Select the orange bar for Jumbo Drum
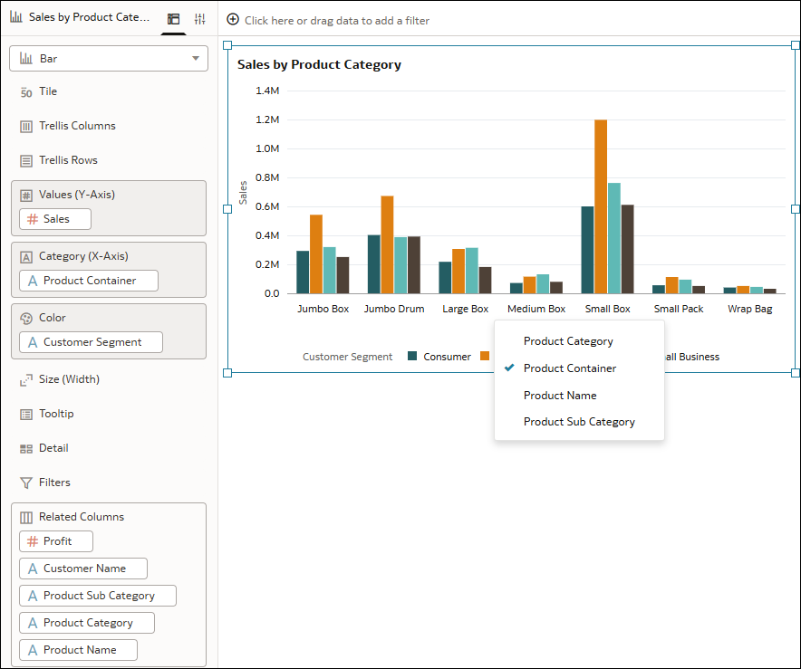coord(387,244)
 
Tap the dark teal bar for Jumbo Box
coord(303,272)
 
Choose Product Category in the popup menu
coord(568,341)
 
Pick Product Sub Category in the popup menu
coord(579,422)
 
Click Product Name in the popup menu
coord(560,396)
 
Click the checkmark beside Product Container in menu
coord(509,368)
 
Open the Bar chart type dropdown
coord(109,59)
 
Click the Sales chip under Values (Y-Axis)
coord(55,219)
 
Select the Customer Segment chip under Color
coord(92,342)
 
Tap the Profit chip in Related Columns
coord(56,541)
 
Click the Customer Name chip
coord(83,569)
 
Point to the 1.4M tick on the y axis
coord(267,91)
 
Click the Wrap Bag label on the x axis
coord(750,309)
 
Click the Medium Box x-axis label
coord(536,309)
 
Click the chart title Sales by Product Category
coord(319,64)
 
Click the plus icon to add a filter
coord(233,20)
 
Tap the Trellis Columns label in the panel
coord(77,126)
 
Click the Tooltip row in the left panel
coord(56,414)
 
